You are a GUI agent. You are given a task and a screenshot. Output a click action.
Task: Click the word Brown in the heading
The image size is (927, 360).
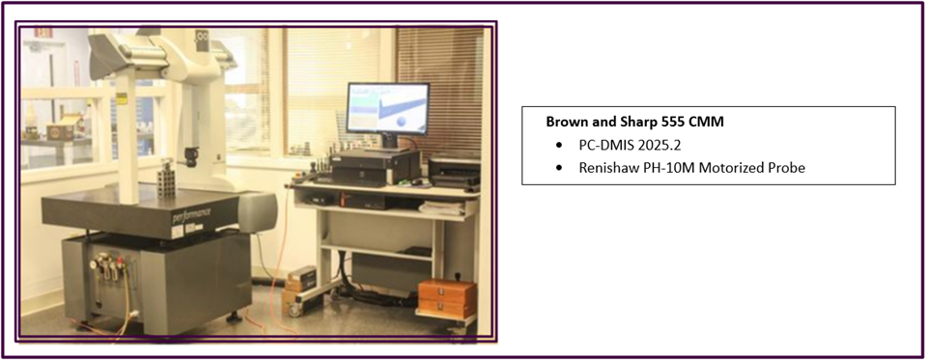pos(563,123)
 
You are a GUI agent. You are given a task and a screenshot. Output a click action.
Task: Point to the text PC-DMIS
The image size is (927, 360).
pos(604,145)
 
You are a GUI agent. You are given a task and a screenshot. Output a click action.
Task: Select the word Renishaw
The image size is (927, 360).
pos(604,168)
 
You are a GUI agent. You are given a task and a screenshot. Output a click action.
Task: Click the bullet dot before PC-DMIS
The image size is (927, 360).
pos(559,146)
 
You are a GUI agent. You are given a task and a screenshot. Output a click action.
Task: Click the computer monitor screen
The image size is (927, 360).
pos(387,108)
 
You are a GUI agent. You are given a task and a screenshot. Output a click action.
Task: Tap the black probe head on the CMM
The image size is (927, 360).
pos(191,156)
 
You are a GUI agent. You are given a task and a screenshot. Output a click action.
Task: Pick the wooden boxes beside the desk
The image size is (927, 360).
pos(447,298)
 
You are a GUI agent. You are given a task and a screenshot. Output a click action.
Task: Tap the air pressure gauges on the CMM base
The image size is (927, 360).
pos(108,266)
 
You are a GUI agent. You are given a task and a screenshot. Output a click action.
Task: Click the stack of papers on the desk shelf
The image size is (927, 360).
pos(441,208)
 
